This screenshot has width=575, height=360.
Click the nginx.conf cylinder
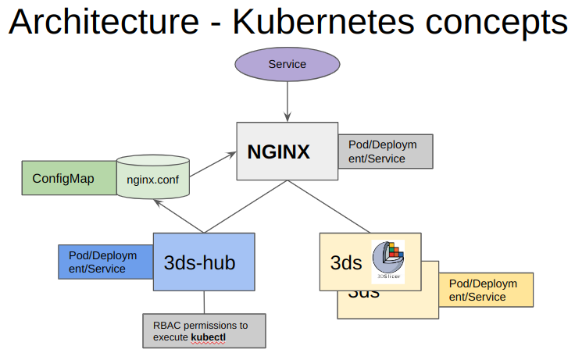click(x=154, y=179)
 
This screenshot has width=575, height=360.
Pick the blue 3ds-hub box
click(x=204, y=262)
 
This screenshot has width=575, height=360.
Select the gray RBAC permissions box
click(x=204, y=330)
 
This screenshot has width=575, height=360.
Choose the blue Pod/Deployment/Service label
click(x=105, y=262)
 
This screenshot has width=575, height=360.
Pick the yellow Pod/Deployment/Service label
click(x=485, y=290)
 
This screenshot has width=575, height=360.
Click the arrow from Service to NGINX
click(x=287, y=100)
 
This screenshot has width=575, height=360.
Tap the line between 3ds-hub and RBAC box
click(x=204, y=302)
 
